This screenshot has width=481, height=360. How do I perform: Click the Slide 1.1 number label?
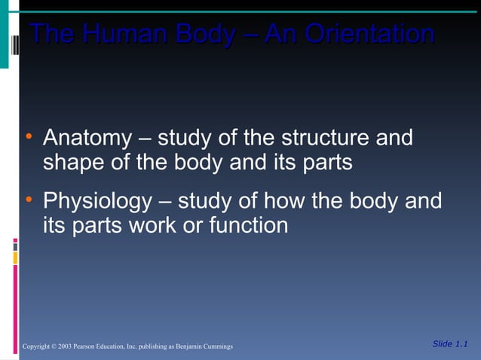451,344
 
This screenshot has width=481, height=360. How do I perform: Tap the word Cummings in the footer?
219,346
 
